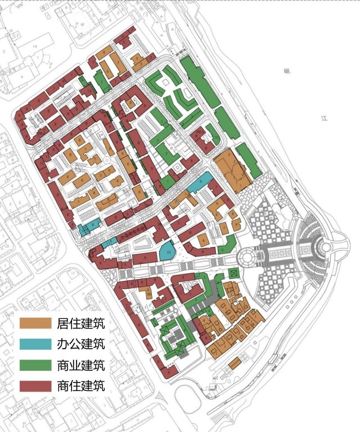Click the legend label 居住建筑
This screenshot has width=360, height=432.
click(x=81, y=323)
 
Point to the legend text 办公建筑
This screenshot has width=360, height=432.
click(x=81, y=344)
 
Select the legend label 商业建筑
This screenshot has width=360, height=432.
click(x=81, y=365)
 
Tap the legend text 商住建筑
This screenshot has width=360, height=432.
click(x=81, y=386)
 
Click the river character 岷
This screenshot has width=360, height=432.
click(x=286, y=71)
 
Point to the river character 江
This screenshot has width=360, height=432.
click(x=323, y=119)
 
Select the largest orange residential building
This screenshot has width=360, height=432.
click(x=231, y=169)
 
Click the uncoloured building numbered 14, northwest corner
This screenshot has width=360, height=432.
click(x=34, y=44)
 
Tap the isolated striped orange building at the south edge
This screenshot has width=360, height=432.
click(x=235, y=364)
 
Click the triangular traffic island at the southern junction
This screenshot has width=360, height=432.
click(x=163, y=394)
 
